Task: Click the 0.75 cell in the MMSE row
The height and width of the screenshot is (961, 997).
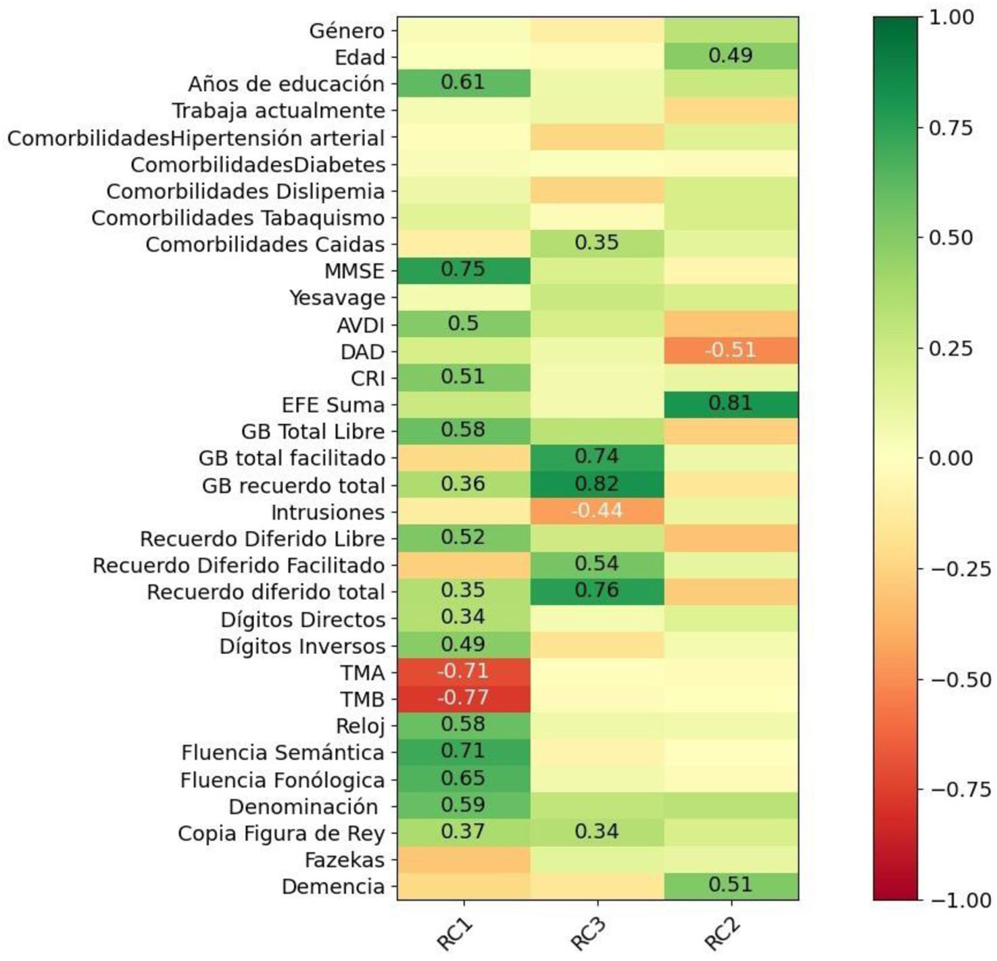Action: pos(463,270)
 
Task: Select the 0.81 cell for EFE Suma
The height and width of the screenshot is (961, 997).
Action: pos(731,404)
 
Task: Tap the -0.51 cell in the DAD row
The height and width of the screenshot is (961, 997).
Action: pos(731,350)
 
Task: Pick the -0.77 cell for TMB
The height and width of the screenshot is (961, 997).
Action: pos(463,698)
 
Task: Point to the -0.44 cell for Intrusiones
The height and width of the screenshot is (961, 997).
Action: pos(597,511)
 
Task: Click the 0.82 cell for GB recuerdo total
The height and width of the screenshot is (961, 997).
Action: pos(597,484)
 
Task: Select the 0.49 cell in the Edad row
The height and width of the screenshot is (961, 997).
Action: pos(731,55)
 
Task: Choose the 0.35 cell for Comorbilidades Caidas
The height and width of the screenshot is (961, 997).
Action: pos(597,243)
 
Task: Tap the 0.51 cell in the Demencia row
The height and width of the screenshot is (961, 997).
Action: pos(731,885)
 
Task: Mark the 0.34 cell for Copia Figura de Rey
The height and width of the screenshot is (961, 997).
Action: pos(597,832)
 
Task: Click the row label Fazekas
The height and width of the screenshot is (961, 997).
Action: pos(344,860)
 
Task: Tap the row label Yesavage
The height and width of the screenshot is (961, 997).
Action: pos(337,298)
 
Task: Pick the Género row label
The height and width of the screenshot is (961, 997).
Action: pos(346,30)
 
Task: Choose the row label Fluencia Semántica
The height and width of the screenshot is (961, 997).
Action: pos(283,753)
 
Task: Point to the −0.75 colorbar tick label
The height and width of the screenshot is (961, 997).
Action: pos(960,789)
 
